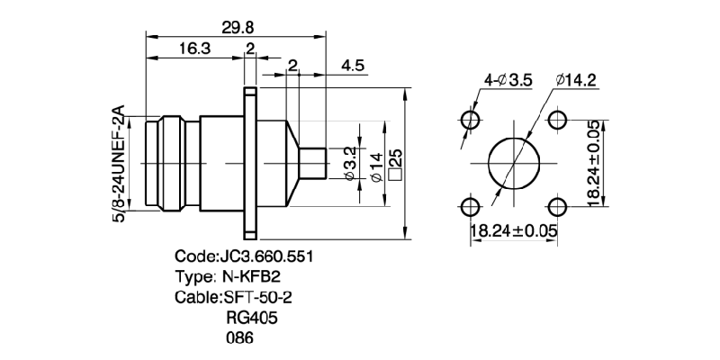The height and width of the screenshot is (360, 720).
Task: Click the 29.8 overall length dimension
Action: (237, 28)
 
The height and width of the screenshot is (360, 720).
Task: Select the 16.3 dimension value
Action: (193, 49)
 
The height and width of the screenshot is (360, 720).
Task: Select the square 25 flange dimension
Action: (393, 163)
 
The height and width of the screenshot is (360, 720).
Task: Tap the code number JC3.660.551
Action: (243, 256)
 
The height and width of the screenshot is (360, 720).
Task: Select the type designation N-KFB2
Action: (229, 276)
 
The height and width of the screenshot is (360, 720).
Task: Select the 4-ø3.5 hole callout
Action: (508, 81)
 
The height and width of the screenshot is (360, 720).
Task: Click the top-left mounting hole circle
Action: (469, 121)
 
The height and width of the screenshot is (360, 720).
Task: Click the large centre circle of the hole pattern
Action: (513, 165)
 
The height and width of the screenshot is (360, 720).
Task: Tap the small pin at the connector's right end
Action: (311, 163)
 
